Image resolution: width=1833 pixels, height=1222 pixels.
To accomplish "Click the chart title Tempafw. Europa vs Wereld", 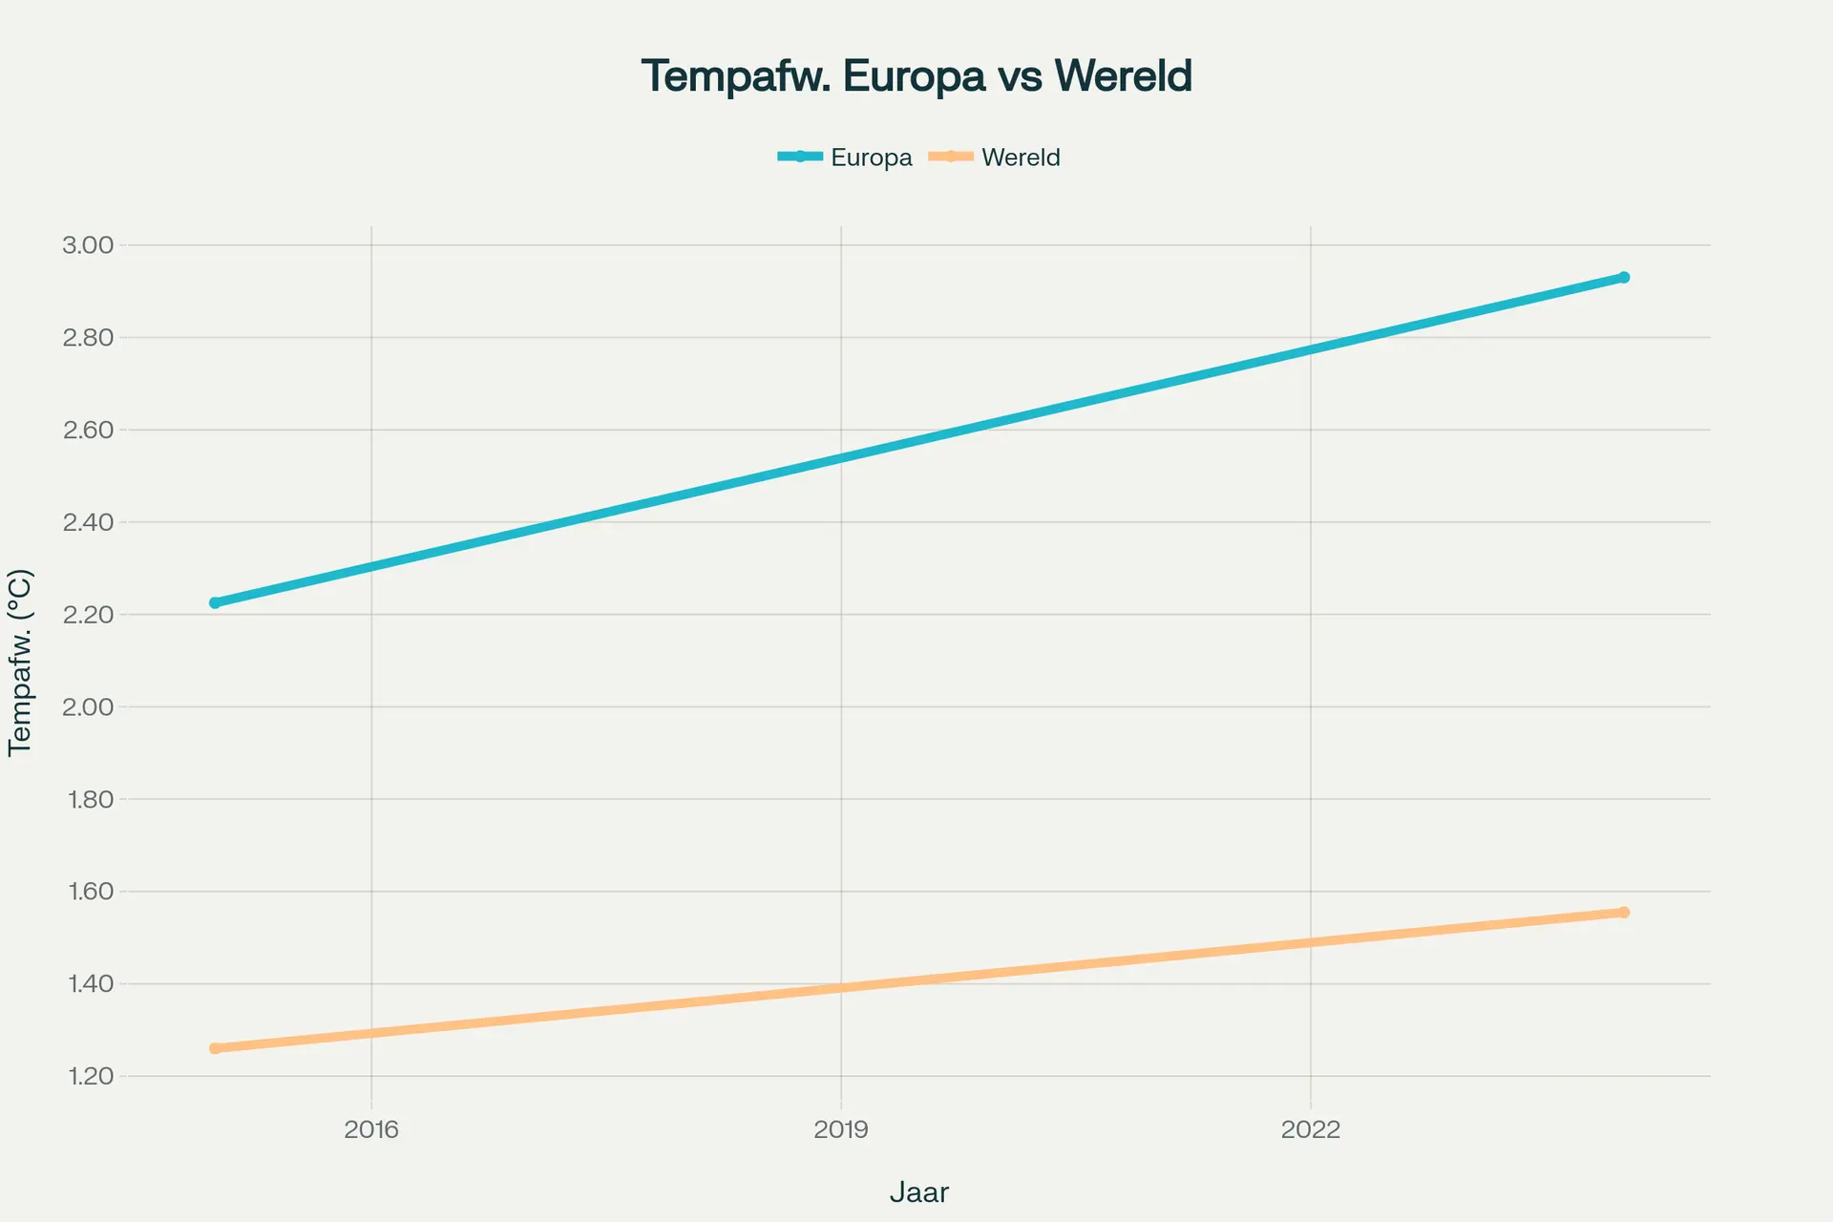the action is point(916,76).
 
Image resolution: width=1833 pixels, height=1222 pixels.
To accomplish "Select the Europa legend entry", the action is point(845,158).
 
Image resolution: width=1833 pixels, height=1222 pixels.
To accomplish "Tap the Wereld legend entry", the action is point(995,158).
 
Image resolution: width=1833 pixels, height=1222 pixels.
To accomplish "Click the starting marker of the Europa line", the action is point(215,602).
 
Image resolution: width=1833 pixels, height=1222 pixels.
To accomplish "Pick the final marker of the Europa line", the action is point(1623,278).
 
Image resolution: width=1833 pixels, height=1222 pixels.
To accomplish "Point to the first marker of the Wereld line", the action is point(215,1048).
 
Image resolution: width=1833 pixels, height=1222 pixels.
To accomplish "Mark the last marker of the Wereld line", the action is point(1623,913).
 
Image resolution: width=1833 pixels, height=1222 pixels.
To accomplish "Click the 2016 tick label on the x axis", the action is point(371,1130).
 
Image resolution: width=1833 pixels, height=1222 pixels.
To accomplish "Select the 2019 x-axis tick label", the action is point(841,1130).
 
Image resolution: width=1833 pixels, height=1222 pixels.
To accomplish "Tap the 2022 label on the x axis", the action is point(1311,1130).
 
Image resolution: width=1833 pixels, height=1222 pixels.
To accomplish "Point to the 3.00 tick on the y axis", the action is point(88,245).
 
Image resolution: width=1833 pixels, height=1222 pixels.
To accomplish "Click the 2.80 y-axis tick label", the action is point(88,338).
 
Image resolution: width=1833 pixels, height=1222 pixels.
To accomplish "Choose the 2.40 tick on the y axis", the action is point(88,522).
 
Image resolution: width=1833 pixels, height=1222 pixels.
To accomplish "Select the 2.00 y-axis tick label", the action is point(88,707).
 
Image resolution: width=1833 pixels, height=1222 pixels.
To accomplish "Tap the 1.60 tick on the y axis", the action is point(91,892).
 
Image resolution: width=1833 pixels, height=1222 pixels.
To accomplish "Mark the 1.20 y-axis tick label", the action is point(91,1077).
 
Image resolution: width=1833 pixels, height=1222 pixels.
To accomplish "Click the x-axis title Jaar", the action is point(919,1192).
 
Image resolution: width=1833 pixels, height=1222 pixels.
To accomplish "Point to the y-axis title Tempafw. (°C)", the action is point(20,663).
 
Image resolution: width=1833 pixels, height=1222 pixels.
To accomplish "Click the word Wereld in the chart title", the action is point(1124,76).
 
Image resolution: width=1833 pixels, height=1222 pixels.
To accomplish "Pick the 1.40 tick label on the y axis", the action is point(91,984).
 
